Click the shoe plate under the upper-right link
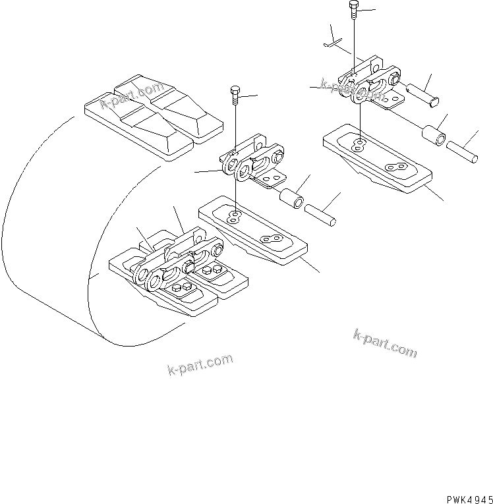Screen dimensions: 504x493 (376, 158)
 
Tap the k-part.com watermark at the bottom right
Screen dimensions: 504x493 (385, 343)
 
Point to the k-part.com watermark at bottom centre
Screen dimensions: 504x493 (200, 364)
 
